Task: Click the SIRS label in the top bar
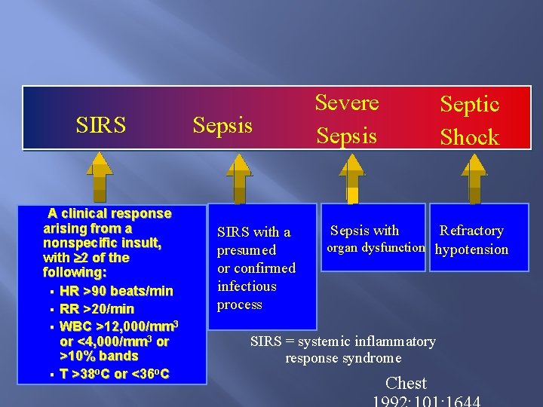(x=101, y=124)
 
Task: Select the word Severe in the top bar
(x=346, y=103)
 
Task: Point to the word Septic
(x=470, y=104)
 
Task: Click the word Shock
(x=470, y=136)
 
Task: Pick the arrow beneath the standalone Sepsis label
(x=238, y=176)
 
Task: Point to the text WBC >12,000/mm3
(x=118, y=326)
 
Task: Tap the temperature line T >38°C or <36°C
(x=114, y=374)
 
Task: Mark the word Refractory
(x=471, y=231)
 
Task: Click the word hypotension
(x=472, y=249)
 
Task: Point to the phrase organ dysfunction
(x=375, y=248)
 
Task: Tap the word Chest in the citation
(x=406, y=383)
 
